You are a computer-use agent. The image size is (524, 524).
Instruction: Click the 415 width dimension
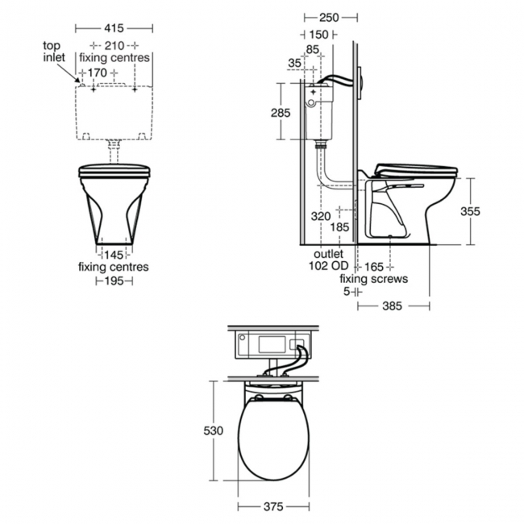pos(114,28)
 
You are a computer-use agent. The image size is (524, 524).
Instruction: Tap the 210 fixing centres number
pos(114,45)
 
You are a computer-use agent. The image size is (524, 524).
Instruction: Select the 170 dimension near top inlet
pos(98,73)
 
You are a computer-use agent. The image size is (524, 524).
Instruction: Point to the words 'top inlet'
pos(54,51)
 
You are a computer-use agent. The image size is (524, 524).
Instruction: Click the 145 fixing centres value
pos(114,255)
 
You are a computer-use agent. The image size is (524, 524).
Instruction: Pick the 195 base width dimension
pos(114,281)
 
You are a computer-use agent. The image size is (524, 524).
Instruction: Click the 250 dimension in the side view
pos(329,18)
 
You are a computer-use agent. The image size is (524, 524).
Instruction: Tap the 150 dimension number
pos(318,35)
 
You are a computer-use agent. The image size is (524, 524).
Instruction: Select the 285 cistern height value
pos(281,113)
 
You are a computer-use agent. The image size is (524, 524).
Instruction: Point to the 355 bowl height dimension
pos(470,211)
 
